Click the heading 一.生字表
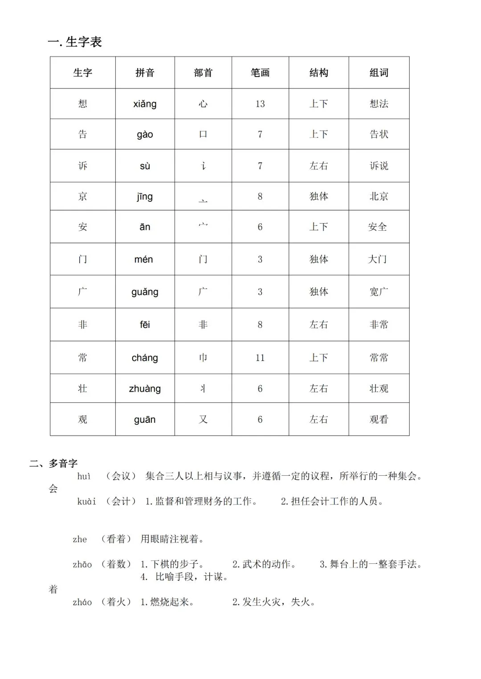75,42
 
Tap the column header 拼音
145,72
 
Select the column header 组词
379,72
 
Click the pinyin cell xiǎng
145,104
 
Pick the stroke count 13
260,104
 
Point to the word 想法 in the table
379,104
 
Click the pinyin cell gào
145,135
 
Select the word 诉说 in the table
379,166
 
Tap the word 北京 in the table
379,196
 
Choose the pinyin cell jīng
145,197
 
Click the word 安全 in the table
377,227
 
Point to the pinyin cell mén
143,259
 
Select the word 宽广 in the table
379,292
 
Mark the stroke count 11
260,358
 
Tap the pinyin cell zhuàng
145,389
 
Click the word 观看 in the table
379,419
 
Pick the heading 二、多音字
53,463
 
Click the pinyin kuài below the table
86,502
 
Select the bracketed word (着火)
116,602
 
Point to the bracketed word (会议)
121,476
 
